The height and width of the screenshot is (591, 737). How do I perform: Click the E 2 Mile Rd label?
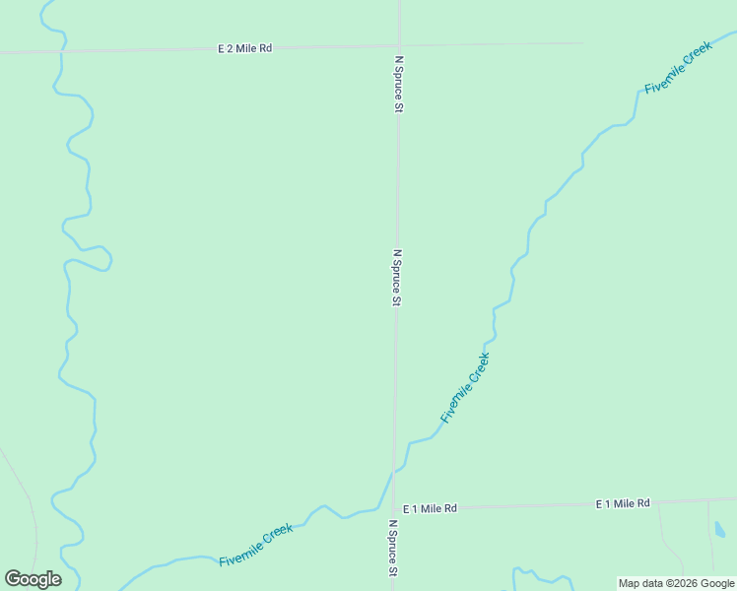pos(244,47)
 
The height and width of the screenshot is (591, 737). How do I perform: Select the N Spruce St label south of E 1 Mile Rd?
pos(392,549)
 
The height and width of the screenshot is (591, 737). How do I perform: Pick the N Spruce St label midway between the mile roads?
pos(397,277)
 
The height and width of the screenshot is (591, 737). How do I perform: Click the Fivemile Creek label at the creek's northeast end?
pos(678,69)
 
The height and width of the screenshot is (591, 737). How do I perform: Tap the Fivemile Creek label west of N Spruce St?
pos(256,544)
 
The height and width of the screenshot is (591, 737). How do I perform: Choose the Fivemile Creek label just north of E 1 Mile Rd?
pos(465,388)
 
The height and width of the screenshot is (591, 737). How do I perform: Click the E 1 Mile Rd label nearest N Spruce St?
pos(430,508)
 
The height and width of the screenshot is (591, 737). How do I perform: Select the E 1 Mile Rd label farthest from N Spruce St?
pos(623,503)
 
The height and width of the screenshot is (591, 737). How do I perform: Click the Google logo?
pos(33,579)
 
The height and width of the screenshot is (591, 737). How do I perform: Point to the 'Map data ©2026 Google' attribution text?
pos(677,583)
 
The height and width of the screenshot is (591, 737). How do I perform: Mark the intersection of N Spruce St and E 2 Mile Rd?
pos(399,44)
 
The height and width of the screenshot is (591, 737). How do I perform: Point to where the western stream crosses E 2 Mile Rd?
pos(61,50)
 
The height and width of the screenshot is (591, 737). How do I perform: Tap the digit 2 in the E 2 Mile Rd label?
pos(229,47)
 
